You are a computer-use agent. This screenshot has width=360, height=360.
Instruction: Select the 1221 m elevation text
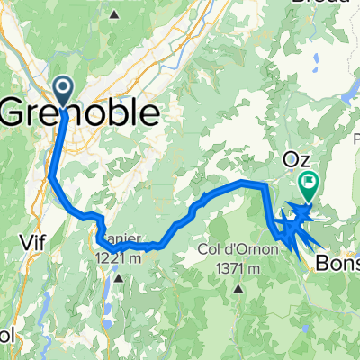point(117,258)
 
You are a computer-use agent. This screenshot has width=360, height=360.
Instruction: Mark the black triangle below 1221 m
point(118,276)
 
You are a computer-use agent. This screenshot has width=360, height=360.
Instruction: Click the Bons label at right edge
point(337,265)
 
